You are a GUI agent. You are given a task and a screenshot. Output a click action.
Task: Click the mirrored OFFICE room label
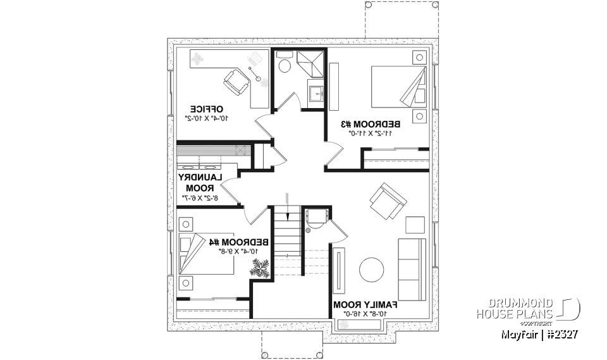click(206, 108)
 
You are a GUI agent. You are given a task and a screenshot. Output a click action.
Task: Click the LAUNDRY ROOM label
click(199, 183)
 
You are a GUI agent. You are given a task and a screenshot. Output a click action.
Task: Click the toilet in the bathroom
click(285, 64)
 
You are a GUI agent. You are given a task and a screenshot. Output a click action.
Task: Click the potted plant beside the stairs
click(260, 268)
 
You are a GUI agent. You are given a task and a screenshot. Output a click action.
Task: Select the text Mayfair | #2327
click(539, 334)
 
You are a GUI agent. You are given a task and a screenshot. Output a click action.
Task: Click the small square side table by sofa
click(415, 225)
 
